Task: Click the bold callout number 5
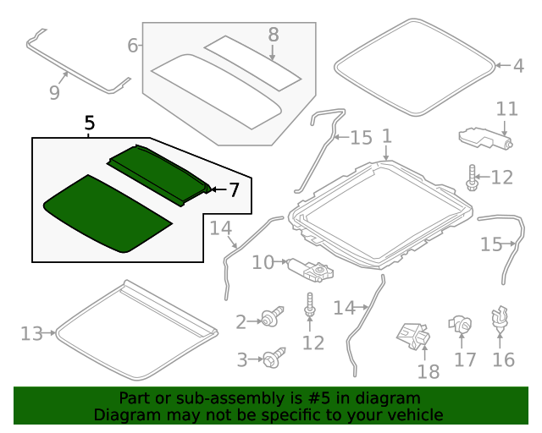click(89, 123)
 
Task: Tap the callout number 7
click(234, 189)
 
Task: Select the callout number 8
click(273, 35)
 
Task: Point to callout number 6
click(133, 46)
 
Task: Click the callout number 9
click(54, 92)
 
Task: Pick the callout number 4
click(518, 66)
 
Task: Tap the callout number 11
click(506, 109)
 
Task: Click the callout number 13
click(32, 333)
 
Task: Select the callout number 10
click(263, 262)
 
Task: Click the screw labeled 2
click(273, 316)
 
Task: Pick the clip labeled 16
click(499, 318)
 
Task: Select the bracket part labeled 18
click(414, 335)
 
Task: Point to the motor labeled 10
click(311, 270)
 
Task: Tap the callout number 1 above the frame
click(387, 135)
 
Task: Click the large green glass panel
click(108, 214)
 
